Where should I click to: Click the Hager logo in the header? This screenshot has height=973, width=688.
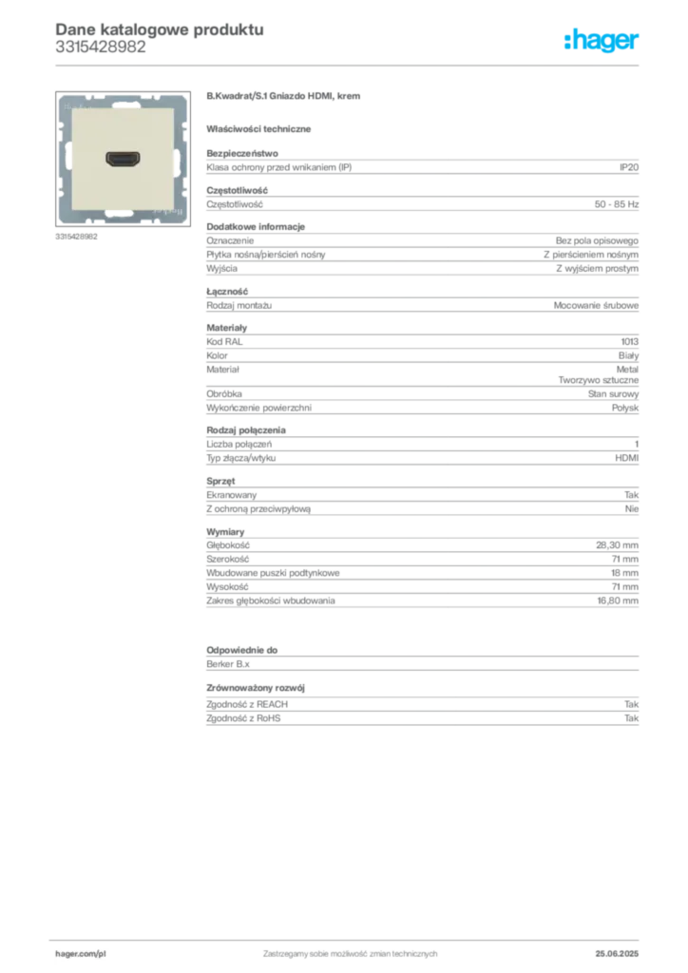point(601,40)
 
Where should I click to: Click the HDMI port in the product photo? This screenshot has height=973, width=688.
point(123,159)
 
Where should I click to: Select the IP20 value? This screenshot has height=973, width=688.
point(628,167)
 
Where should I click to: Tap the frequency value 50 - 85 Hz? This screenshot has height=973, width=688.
point(616,204)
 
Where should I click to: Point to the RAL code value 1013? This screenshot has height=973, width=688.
point(630,342)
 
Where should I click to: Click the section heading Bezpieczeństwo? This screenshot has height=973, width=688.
point(242,153)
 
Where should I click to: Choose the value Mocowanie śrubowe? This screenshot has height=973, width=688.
point(596,305)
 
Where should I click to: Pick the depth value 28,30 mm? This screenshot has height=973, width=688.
point(617,544)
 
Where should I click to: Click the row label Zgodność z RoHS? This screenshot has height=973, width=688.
point(243,718)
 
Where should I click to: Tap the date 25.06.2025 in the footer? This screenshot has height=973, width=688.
point(617,954)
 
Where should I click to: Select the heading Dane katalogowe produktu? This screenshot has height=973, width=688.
point(160,29)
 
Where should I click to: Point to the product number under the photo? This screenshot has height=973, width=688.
point(76,237)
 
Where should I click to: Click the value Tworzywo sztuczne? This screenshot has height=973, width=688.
point(598,380)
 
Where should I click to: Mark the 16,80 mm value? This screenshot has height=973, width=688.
point(618,601)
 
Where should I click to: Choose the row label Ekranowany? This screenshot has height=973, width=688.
point(232,494)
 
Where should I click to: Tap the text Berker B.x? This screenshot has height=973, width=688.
point(228,664)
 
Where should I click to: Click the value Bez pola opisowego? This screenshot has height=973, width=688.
point(597,240)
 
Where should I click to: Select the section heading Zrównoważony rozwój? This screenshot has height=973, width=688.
point(256,688)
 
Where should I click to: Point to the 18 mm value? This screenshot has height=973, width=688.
point(624,573)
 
